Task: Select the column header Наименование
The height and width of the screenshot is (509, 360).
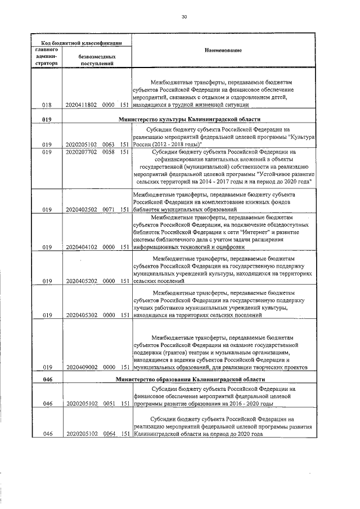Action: [x=224, y=51]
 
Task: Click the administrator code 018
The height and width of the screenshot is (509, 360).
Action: [x=47, y=105]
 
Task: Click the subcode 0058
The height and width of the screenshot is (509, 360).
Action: [x=109, y=152]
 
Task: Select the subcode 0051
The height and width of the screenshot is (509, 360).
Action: [x=109, y=404]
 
